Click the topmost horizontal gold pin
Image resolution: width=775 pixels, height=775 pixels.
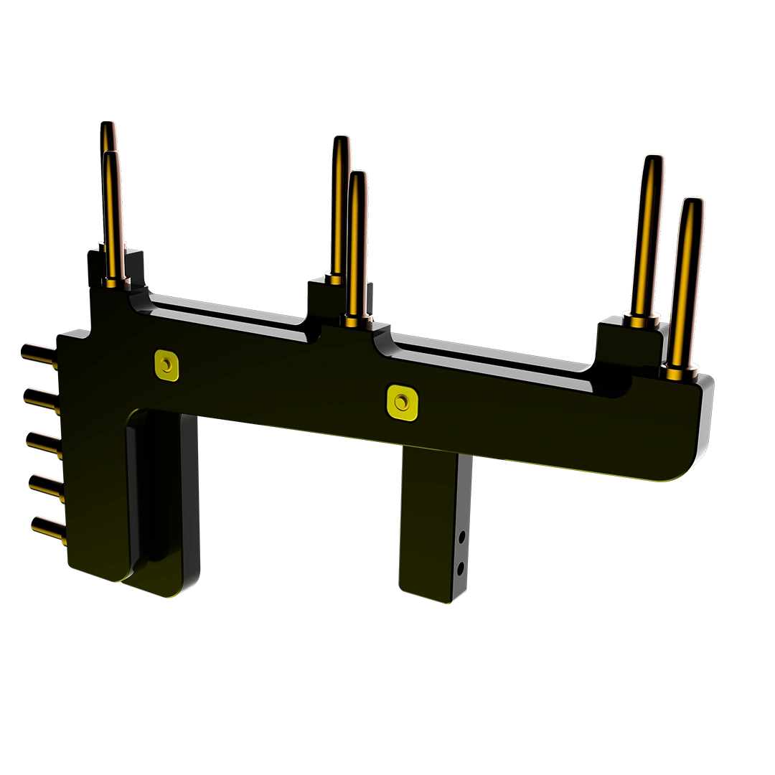(x=39, y=354)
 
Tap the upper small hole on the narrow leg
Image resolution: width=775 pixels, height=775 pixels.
(x=463, y=535)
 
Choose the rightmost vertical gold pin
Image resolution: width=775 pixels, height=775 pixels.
(x=687, y=280)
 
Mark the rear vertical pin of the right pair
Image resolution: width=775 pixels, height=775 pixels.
(x=647, y=237)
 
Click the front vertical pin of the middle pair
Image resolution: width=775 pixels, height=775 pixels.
(x=356, y=244)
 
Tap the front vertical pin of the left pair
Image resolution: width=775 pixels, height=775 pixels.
(x=113, y=215)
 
